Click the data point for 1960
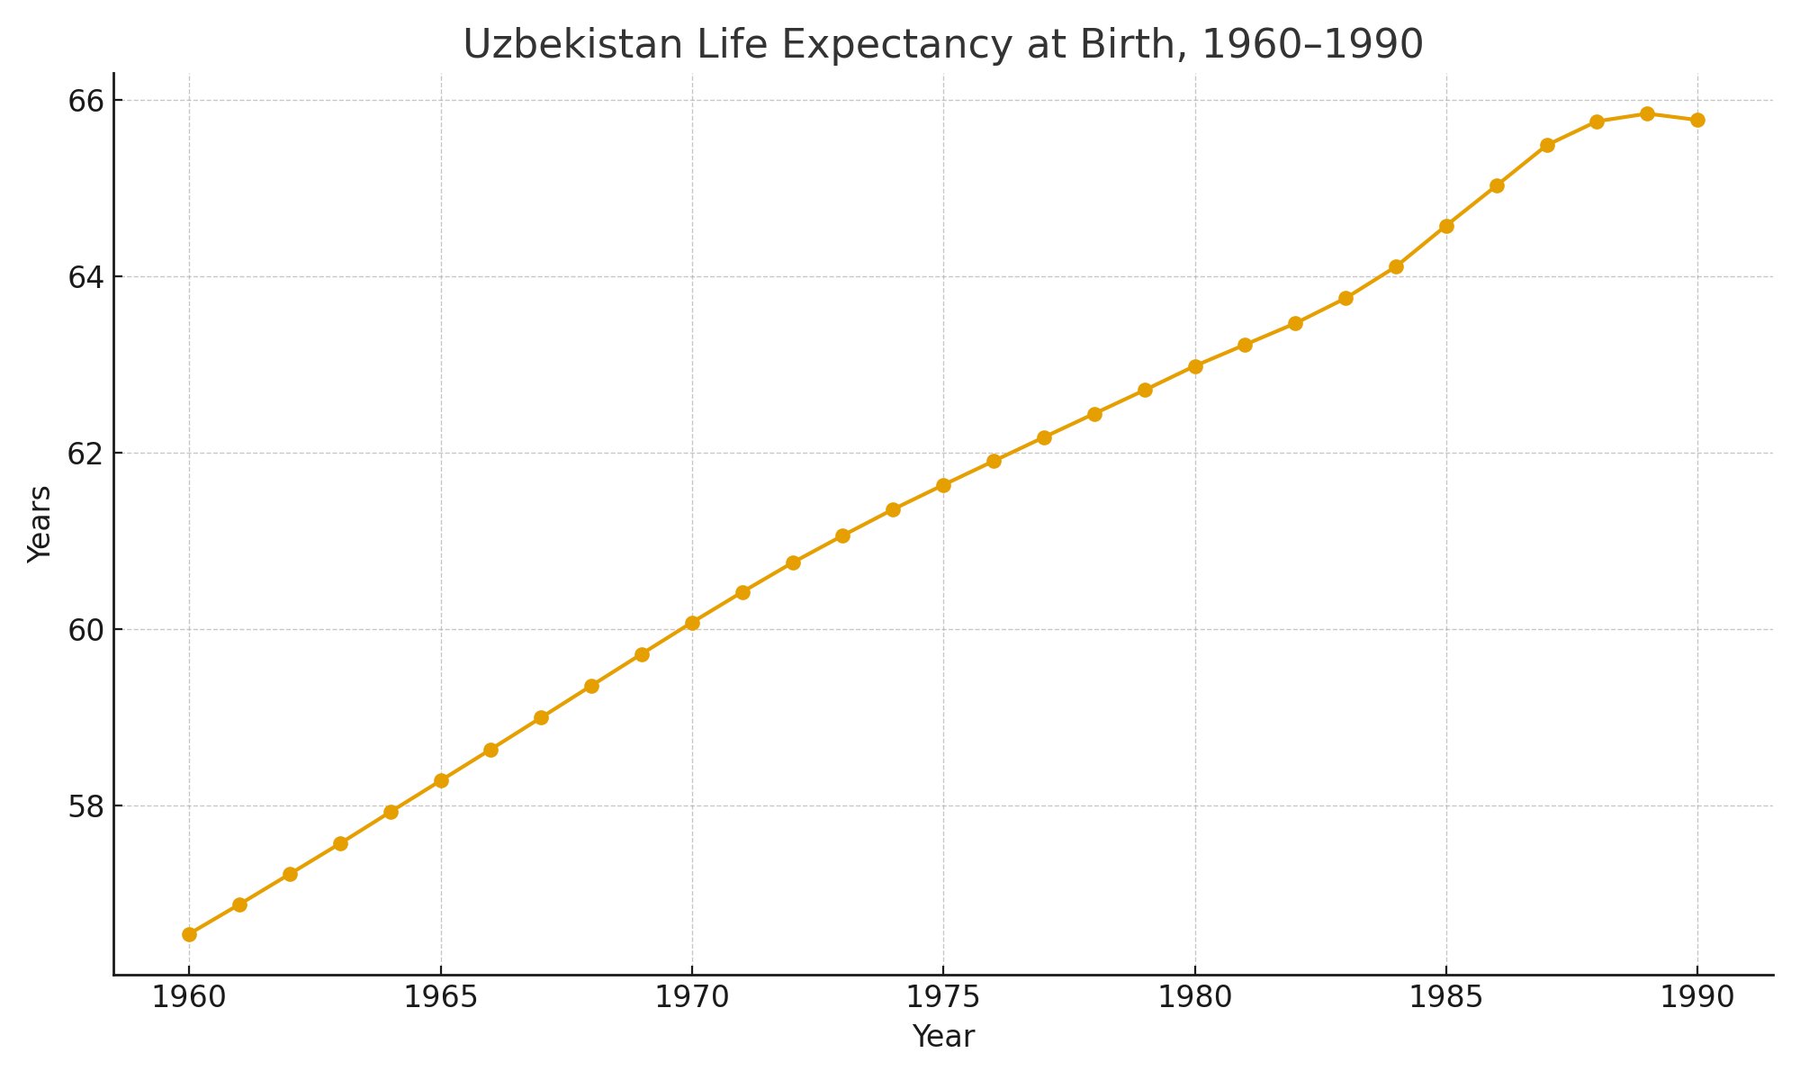(x=189, y=934)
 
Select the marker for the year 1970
(x=692, y=623)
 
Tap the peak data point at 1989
(x=1647, y=113)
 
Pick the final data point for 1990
(x=1697, y=120)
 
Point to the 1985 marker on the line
(x=1446, y=226)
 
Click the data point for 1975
(x=943, y=485)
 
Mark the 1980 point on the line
(x=1195, y=366)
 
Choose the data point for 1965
(x=441, y=780)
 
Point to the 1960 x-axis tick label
(x=189, y=998)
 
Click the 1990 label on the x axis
(x=1697, y=998)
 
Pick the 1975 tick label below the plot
(x=943, y=998)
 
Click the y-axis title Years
(x=40, y=524)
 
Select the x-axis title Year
(x=943, y=1037)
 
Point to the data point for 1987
(x=1547, y=145)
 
